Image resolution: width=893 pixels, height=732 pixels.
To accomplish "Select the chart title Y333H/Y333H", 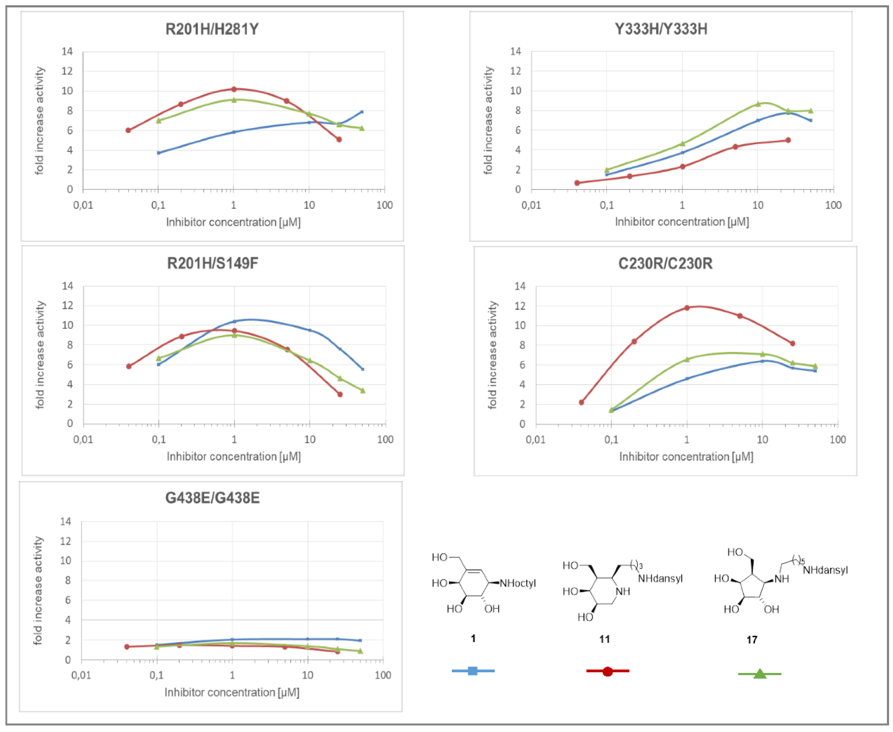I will [x=661, y=29].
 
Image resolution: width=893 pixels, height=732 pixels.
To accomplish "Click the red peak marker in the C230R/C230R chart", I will [x=687, y=308].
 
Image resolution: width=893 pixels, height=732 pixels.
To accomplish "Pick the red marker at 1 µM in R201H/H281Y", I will [x=234, y=89].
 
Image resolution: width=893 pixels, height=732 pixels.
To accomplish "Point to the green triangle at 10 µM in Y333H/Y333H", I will [x=758, y=104].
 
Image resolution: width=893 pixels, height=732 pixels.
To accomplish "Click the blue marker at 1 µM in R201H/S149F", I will [x=234, y=321].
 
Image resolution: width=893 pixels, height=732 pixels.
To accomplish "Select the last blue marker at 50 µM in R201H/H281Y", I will [x=362, y=112].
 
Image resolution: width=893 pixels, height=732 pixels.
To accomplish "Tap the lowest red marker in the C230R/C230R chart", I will [x=581, y=402].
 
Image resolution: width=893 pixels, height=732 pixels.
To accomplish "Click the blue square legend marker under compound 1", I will [x=473, y=671].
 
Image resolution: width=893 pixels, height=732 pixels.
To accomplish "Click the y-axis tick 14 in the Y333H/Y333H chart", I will [x=515, y=51].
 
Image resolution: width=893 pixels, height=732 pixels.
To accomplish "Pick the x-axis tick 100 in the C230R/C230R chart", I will [x=837, y=439].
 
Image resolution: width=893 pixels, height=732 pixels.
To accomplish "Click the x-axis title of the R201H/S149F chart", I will [x=234, y=456].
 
